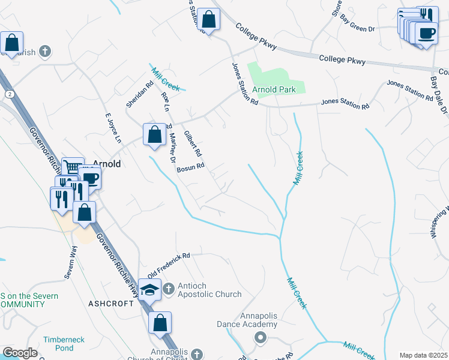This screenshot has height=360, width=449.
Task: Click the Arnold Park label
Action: tap(274, 90)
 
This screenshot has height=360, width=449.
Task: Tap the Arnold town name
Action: tap(107, 164)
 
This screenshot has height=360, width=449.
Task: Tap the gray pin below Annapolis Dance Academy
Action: tap(260, 337)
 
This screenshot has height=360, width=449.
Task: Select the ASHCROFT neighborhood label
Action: tap(112, 304)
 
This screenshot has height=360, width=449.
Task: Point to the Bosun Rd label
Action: tap(191, 168)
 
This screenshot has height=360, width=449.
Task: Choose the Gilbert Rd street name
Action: tap(193, 144)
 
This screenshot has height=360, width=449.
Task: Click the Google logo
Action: tap(20, 353)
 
